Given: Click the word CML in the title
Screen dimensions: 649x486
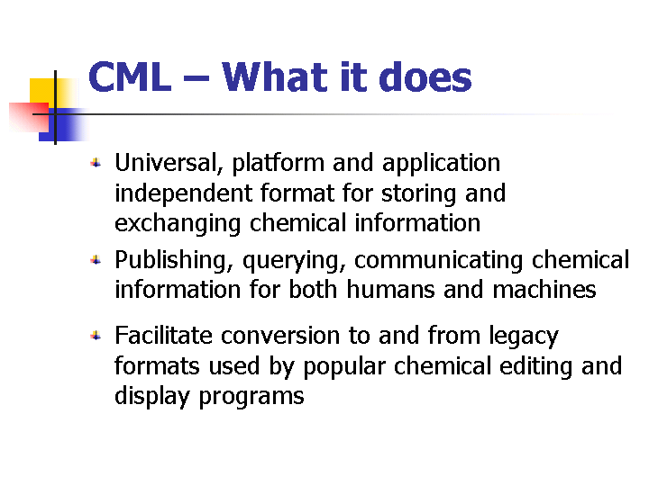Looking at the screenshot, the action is (x=130, y=76).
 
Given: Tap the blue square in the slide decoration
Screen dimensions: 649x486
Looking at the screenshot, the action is (x=62, y=125).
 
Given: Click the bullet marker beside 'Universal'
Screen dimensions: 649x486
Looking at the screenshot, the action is (x=96, y=163).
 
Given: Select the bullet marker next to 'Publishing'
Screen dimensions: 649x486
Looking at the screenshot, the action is (x=96, y=260).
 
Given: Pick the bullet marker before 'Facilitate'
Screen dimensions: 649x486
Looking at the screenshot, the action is (x=96, y=336).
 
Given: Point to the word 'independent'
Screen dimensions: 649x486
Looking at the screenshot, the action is (x=183, y=193).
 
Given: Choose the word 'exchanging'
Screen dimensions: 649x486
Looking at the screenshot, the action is (x=178, y=223).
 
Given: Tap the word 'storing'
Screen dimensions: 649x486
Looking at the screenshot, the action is (x=418, y=193).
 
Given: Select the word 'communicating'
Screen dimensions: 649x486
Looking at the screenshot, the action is (x=438, y=261).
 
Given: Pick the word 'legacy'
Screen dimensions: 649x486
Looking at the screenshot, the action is (x=524, y=337).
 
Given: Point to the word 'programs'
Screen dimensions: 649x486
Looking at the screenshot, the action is (x=251, y=397).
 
